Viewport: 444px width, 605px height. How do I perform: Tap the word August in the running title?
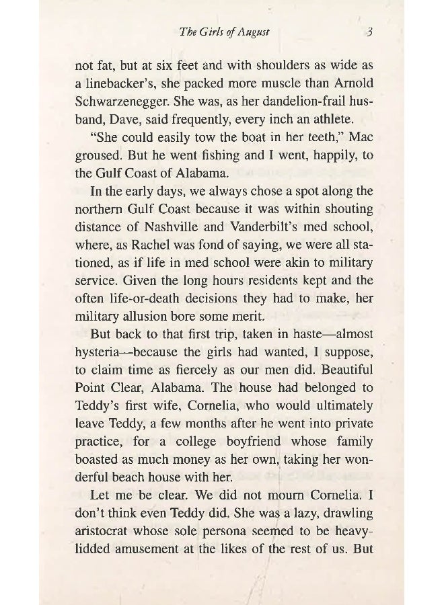pyautogui.click(x=258, y=31)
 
